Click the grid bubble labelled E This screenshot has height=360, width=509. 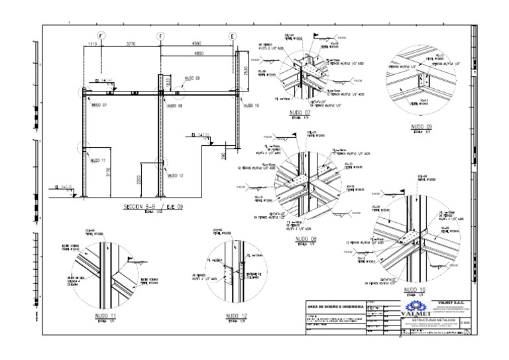(232, 36)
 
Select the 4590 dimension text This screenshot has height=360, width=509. (197, 44)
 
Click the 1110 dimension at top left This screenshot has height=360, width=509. (93, 44)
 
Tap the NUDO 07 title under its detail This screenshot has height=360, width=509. (300, 113)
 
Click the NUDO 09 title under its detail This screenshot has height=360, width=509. (422, 126)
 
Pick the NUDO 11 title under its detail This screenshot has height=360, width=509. (105, 315)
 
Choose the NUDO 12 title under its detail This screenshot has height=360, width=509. (235, 315)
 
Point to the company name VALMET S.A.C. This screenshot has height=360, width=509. (451, 302)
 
